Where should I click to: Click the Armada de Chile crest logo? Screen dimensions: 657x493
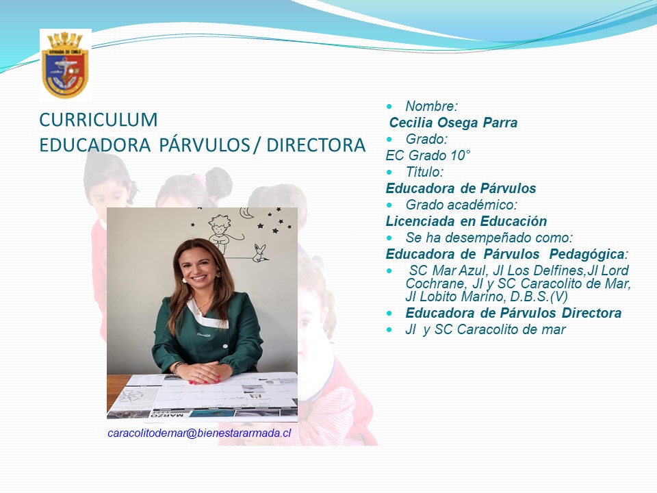(66, 66)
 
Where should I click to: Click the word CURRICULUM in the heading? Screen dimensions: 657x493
(99, 120)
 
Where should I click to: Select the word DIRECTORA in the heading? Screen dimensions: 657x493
(316, 145)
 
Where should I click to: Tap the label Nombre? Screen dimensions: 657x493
(432, 106)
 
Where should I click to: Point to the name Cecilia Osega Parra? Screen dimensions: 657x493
(453, 123)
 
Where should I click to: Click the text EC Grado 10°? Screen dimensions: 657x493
(428, 155)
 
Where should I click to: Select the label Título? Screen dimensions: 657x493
(424, 172)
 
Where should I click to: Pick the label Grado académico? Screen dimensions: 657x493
(461, 205)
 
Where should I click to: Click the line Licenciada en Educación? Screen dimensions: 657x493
(466, 221)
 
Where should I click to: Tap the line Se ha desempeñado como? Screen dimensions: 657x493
(489, 238)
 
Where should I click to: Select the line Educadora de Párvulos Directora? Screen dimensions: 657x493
(513, 313)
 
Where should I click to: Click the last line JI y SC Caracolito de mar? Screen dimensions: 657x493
(485, 329)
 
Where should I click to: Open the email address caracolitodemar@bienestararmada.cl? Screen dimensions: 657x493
(199, 433)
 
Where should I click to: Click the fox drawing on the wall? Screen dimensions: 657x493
(260, 253)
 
